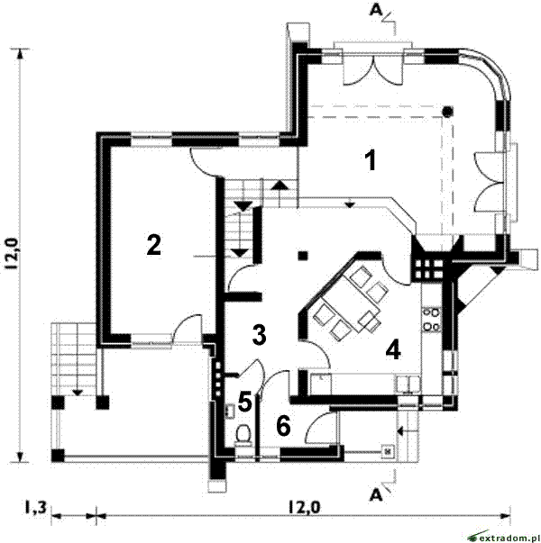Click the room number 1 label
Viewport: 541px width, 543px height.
pyautogui.click(x=371, y=160)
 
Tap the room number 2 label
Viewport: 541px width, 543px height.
pyautogui.click(x=153, y=245)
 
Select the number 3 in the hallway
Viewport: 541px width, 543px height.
pyautogui.click(x=259, y=335)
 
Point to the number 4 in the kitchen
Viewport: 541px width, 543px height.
pyautogui.click(x=393, y=349)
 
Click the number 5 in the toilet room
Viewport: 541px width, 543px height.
pyautogui.click(x=245, y=402)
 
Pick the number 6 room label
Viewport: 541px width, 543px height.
pyautogui.click(x=283, y=426)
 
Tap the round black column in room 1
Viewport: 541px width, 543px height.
pyautogui.click(x=448, y=111)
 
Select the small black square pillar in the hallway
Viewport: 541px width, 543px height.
pyautogui.click(x=303, y=256)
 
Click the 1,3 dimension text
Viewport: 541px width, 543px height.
pyautogui.click(x=35, y=508)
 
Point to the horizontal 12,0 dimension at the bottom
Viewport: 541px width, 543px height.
pyautogui.click(x=304, y=508)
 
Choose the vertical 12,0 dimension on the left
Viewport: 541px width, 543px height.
pyautogui.click(x=11, y=254)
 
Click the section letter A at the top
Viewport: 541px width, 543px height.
pyautogui.click(x=376, y=11)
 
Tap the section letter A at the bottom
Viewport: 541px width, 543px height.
pyautogui.click(x=376, y=495)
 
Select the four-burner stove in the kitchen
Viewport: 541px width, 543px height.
pyautogui.click(x=431, y=320)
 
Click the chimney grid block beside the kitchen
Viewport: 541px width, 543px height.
pyautogui.click(x=428, y=268)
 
